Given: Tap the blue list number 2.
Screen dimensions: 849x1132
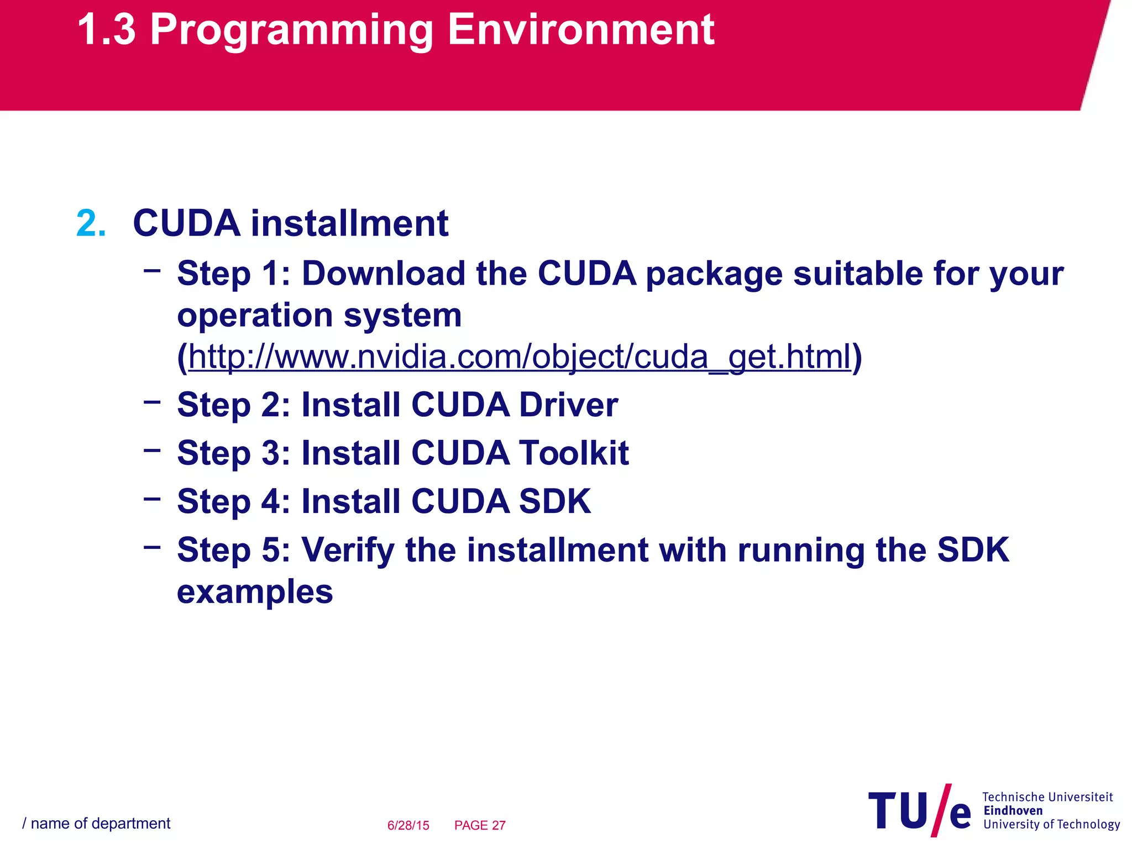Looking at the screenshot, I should [91, 224].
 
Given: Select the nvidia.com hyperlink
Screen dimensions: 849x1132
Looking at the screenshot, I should [520, 357].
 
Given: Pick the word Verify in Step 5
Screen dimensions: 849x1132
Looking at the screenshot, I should [348, 550].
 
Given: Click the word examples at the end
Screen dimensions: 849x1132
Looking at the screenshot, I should [255, 592].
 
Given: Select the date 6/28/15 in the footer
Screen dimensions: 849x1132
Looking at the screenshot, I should [408, 825].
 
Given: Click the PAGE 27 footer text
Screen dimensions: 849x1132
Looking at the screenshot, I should [480, 825].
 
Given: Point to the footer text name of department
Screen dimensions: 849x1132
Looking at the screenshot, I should [100, 824].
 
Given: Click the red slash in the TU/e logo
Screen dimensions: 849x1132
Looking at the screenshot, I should [941, 810].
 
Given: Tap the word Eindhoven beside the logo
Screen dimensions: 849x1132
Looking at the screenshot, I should [1013, 811].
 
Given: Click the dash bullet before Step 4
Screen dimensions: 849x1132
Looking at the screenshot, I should [151, 499].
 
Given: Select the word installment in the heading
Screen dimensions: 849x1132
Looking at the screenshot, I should [349, 224].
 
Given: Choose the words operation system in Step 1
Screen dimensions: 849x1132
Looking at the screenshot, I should [319, 316].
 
